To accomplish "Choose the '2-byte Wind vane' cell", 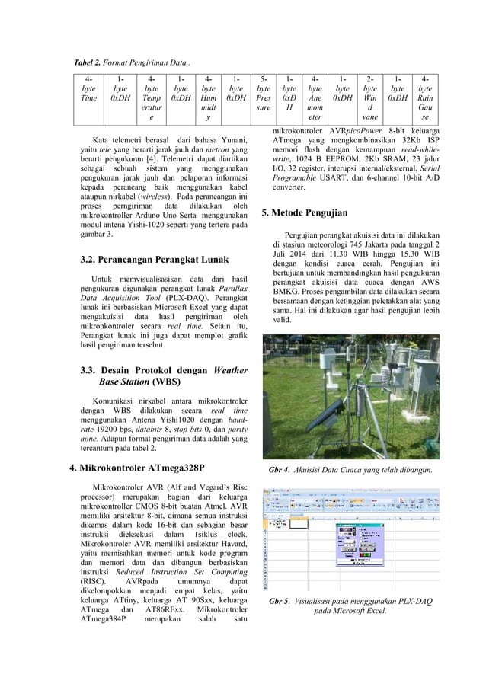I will point(369,98).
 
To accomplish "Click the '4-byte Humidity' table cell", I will point(206,98).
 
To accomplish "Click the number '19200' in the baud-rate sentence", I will point(104,427).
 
